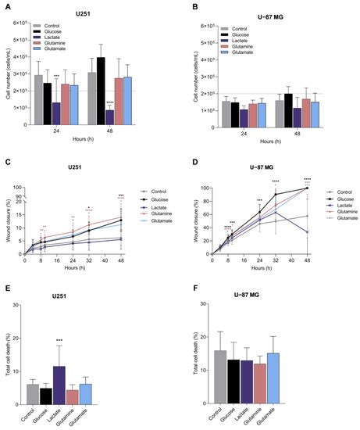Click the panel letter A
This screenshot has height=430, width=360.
pos(6,5)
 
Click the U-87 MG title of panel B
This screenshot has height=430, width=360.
pos(272,14)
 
